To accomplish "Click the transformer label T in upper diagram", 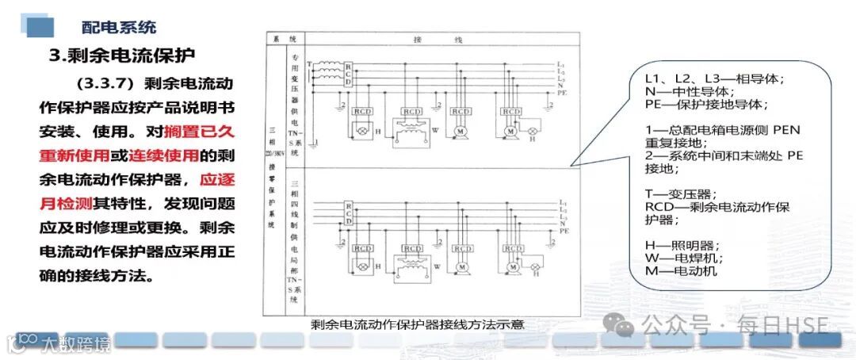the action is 311,63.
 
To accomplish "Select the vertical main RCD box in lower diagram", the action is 348,214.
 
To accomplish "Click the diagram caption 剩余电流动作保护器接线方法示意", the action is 418,325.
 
